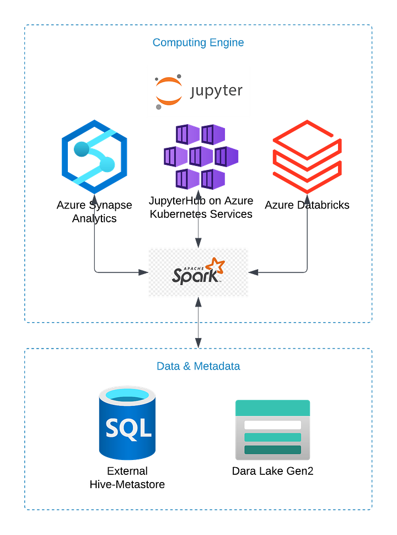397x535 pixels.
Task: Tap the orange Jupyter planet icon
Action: (168, 92)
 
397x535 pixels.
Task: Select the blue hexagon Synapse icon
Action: (94, 156)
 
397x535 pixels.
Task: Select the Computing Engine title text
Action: (198, 42)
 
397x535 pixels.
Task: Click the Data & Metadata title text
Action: (198, 366)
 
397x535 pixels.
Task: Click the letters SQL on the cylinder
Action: (127, 427)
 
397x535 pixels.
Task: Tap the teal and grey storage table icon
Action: (273, 430)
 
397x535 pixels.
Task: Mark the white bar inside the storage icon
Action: (273, 425)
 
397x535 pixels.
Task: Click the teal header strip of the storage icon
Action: (273, 407)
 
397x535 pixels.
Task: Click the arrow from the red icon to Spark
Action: (307, 243)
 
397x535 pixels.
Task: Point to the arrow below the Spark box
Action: (198, 323)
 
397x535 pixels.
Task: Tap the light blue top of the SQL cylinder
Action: (127, 395)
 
